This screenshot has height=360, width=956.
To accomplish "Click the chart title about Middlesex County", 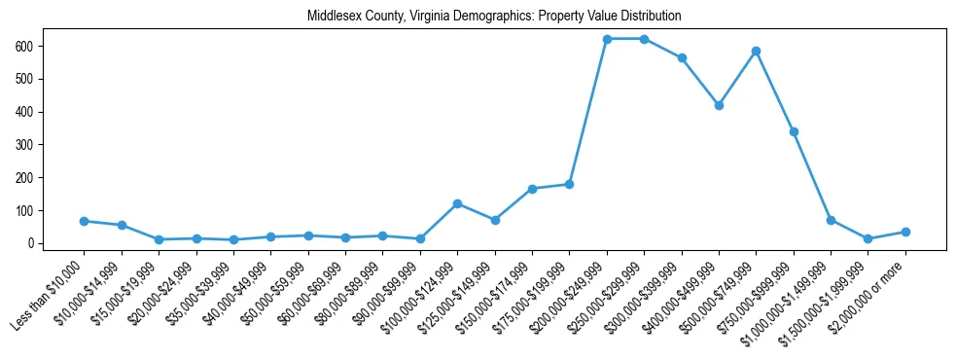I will coord(494,17).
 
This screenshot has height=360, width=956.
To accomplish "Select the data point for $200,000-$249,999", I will coord(607,39).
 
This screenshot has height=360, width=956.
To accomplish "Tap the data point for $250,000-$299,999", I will coord(644,39).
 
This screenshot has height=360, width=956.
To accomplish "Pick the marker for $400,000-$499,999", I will coord(719,105).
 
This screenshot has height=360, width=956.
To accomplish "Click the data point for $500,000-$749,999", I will coord(756,51).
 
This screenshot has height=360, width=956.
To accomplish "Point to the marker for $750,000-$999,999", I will coord(794,131).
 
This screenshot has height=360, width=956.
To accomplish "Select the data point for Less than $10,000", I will coord(85,221).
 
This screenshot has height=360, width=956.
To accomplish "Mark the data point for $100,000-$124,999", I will coord(457,203).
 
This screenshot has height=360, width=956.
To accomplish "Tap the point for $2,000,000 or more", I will coord(905,232).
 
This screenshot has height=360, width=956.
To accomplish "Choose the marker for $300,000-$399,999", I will coord(682,57).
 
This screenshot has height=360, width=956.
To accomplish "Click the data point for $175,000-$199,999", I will coord(569,184).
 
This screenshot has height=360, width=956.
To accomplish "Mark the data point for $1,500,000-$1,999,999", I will coord(867,238).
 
